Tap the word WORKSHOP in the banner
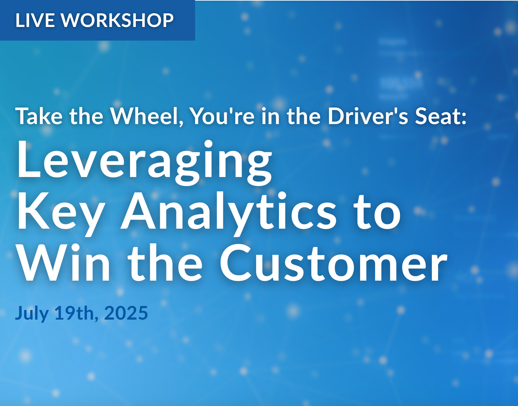[117, 20]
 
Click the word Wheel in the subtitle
[147, 117]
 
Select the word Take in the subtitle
[39, 116]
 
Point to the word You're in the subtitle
[223, 116]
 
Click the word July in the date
[32, 313]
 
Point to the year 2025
[126, 312]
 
